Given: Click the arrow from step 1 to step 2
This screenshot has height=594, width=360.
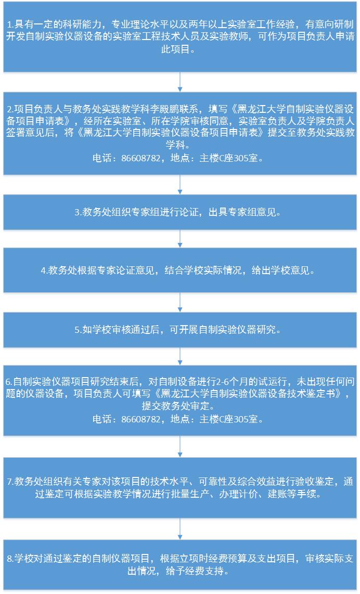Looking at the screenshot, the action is (x=180, y=82).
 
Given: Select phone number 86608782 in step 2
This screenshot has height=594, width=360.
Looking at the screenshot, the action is (x=140, y=158).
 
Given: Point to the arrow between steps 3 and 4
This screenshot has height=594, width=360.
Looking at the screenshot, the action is (x=180, y=239).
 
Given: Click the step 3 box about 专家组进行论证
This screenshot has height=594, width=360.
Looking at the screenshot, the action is (x=180, y=213).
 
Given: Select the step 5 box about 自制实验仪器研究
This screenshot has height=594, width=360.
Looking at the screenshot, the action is (x=180, y=330).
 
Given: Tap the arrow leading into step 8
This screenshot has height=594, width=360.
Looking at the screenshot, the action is (x=180, y=528).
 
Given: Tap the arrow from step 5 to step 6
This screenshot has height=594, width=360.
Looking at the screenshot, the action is (x=180, y=356).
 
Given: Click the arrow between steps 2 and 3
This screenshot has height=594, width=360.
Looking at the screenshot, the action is (x=180, y=185).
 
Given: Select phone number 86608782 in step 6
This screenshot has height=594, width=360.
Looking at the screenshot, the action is (x=140, y=419).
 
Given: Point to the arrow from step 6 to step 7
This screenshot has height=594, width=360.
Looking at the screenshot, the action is (x=180, y=447).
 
